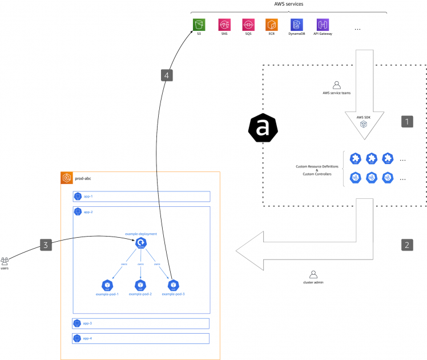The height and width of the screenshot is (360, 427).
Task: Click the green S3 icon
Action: click(x=199, y=25)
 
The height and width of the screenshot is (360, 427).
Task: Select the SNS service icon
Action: click(x=224, y=25)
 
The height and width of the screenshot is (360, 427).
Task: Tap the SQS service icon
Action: click(x=248, y=25)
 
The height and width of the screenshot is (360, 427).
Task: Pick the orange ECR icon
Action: click(x=272, y=25)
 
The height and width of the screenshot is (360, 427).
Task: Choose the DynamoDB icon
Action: click(x=296, y=25)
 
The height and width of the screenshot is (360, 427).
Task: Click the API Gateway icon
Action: click(x=323, y=25)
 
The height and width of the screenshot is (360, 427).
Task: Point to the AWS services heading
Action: click(x=289, y=4)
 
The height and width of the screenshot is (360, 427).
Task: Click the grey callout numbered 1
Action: click(x=406, y=121)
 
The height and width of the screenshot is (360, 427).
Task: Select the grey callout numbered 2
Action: click(x=406, y=245)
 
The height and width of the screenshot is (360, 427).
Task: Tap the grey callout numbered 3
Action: click(x=47, y=245)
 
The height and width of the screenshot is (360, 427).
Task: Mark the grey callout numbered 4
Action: click(x=166, y=76)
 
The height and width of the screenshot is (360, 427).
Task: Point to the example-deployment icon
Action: click(x=140, y=244)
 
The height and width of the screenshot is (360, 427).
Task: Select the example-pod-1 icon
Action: click(x=107, y=285)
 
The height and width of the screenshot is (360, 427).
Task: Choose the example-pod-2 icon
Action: click(x=140, y=285)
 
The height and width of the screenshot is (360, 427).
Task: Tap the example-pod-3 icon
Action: click(x=173, y=285)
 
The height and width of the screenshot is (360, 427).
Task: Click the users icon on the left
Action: click(x=5, y=261)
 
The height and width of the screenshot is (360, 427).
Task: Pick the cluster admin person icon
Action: click(x=313, y=274)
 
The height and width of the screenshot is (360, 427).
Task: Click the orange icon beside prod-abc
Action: click(x=67, y=178)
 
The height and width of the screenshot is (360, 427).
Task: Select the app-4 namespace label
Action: click(x=87, y=338)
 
